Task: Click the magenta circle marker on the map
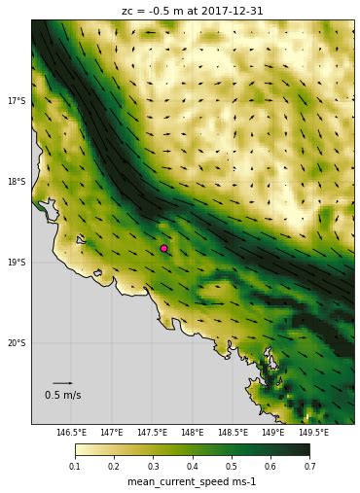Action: coord(163,248)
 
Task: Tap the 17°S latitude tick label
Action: coord(17,101)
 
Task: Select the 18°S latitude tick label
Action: coord(17,182)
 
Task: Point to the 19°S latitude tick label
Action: coord(17,263)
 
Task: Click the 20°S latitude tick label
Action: coord(17,343)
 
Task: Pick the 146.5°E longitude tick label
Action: coord(71,432)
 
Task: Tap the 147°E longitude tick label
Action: coord(111,432)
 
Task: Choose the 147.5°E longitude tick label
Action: coord(152,432)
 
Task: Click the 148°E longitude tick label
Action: coord(192,432)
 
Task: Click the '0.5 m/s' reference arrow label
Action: coord(62,396)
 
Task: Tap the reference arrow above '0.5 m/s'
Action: coord(62,383)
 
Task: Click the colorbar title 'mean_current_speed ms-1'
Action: coord(192,482)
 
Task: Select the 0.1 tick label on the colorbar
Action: coord(75,467)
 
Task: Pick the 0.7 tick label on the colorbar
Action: coord(309,467)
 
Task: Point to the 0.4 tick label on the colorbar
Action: coord(193,467)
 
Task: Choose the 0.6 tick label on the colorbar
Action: coord(270,467)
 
